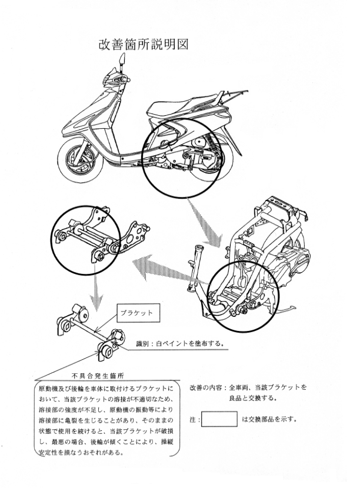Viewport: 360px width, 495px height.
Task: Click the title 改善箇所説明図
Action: click(144, 45)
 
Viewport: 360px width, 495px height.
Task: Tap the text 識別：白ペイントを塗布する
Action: click(181, 343)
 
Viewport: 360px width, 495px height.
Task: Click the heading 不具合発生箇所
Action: click(98, 376)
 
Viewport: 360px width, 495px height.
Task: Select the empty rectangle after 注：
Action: click(219, 419)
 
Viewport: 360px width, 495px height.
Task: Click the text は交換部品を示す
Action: click(269, 420)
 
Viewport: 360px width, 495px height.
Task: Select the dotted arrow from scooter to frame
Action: click(205, 223)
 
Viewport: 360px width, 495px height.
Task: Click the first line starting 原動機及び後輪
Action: click(106, 388)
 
